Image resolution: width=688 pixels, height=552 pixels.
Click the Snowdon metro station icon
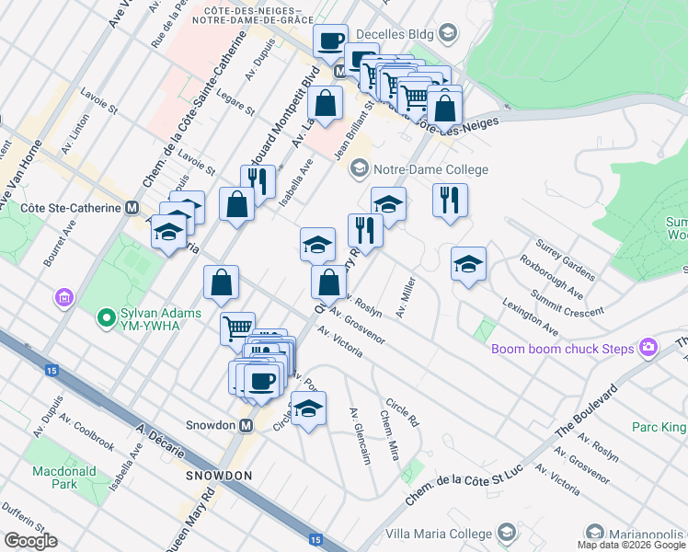246,426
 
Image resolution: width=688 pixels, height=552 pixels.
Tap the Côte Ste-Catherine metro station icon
132,208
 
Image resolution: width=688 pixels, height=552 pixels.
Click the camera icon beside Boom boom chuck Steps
649,348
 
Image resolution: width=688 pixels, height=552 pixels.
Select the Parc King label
659,427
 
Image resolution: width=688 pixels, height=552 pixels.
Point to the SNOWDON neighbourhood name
219,476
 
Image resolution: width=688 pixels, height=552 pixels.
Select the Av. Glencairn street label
360,436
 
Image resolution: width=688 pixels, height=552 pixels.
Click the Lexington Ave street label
530,316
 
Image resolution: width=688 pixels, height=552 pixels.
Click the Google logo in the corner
30,541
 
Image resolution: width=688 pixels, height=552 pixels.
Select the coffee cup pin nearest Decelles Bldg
330,40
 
